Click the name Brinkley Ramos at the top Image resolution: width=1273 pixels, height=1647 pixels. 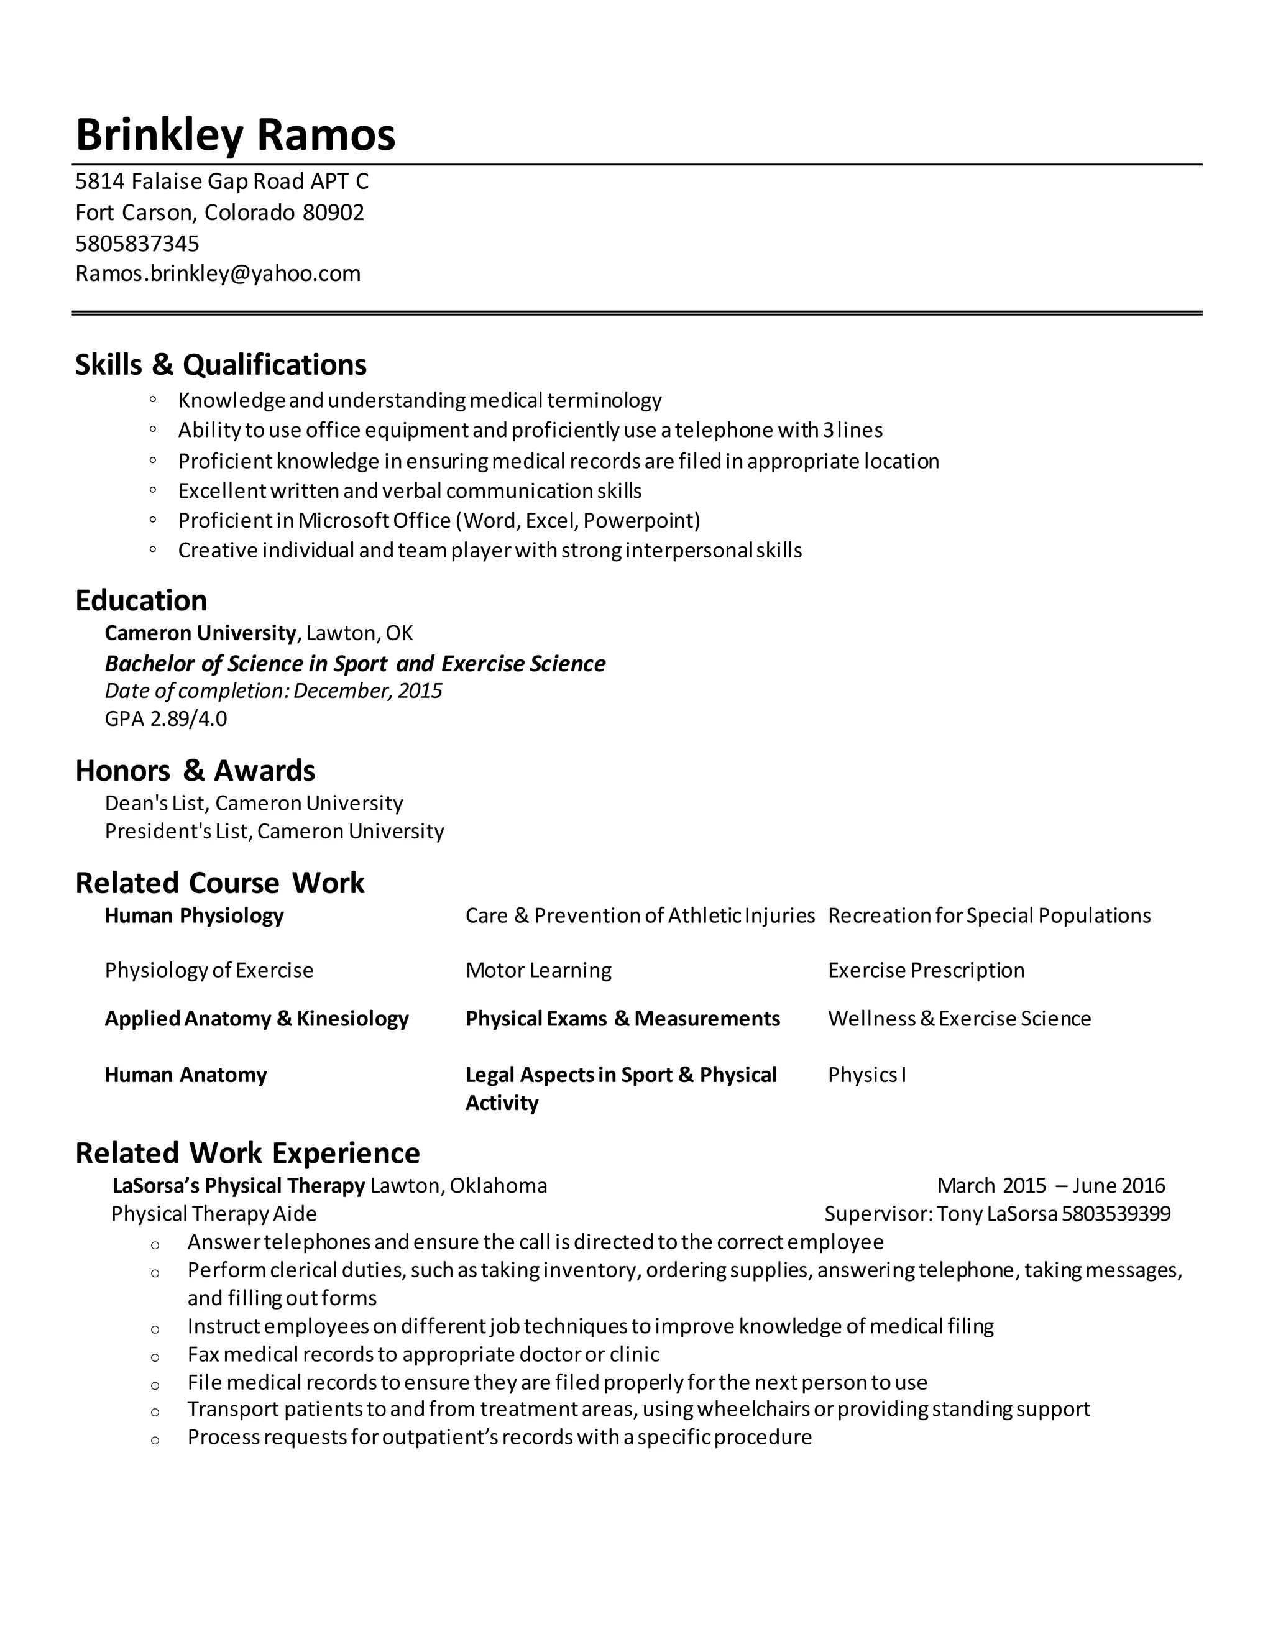(x=236, y=135)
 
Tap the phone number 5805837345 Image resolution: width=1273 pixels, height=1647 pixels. (x=137, y=244)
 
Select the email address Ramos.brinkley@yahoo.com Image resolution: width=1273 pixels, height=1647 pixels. (x=218, y=273)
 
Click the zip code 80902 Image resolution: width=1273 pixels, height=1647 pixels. (x=333, y=213)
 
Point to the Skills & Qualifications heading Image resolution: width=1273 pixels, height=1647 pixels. (x=221, y=365)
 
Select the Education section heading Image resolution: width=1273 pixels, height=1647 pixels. (x=141, y=600)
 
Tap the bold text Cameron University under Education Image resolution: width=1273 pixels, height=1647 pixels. (x=201, y=633)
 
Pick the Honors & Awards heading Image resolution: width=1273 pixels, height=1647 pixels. (x=195, y=771)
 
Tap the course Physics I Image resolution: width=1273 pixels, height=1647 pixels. (x=866, y=1075)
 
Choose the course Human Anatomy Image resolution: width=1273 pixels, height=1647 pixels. (x=185, y=1075)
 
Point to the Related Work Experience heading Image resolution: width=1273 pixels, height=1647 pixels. (x=247, y=1154)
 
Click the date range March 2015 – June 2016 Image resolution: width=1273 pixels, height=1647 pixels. (x=1051, y=1186)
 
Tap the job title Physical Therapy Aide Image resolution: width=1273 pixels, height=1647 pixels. (x=214, y=1214)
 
